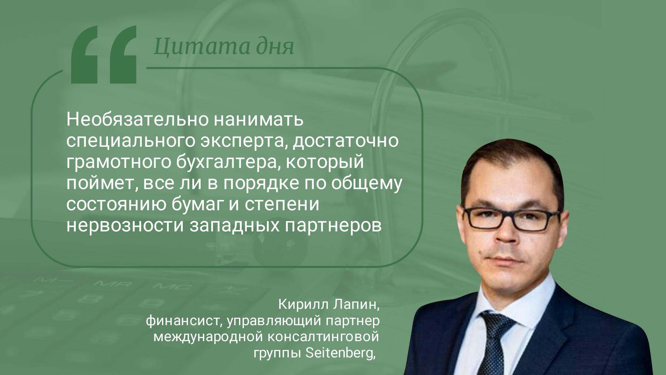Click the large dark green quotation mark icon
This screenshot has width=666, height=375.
click(104, 55)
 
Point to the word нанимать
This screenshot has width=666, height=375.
click(259, 120)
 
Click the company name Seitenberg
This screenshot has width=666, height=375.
click(340, 354)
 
